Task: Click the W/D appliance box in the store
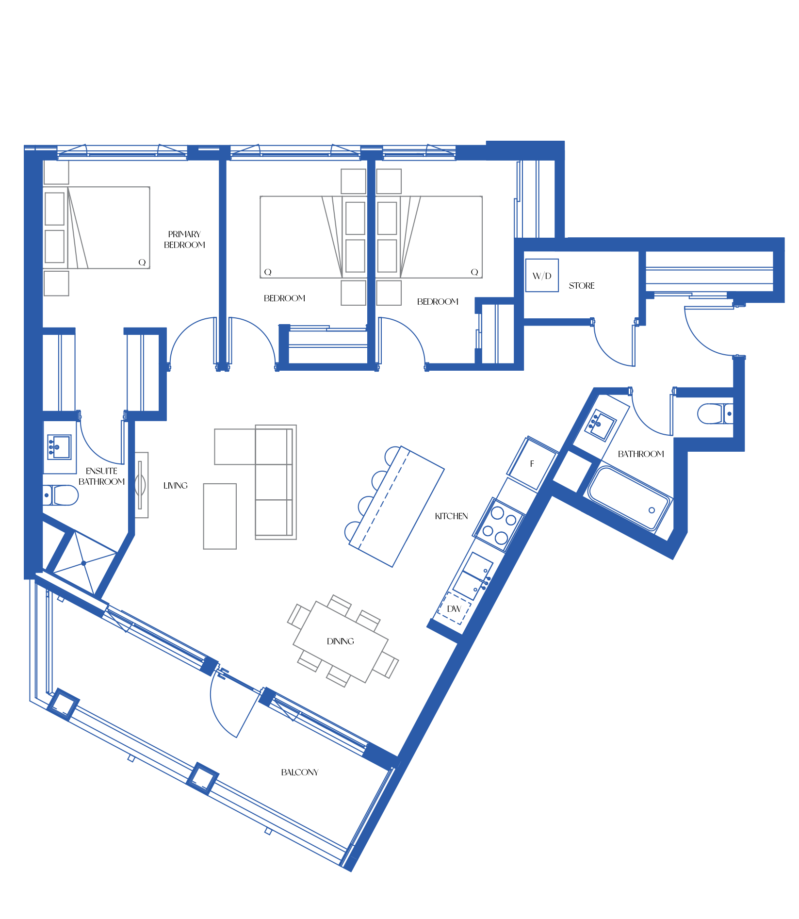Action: click(542, 275)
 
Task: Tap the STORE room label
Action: click(582, 286)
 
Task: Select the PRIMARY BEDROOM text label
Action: click(184, 240)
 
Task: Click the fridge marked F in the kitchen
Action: click(532, 464)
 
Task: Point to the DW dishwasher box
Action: click(454, 608)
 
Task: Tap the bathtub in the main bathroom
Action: click(630, 497)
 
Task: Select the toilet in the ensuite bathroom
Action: click(60, 495)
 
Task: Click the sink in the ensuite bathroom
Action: click(59, 447)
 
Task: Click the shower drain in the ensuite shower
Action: click(84, 563)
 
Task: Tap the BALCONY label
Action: click(300, 772)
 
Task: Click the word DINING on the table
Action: click(341, 641)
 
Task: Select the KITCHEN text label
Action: click(451, 516)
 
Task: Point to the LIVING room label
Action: click(175, 485)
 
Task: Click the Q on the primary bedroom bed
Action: click(142, 262)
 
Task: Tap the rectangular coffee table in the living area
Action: click(220, 516)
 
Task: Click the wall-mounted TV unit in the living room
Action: click(141, 485)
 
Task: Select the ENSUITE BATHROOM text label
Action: click(101, 476)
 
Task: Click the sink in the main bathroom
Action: click(601, 426)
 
